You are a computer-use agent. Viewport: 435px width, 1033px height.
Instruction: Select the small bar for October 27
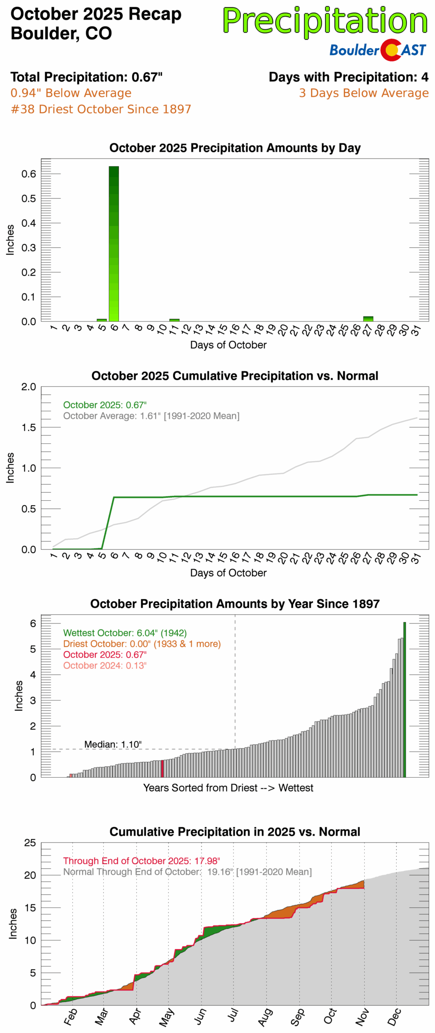point(368,318)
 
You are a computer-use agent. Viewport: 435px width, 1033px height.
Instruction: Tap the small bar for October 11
point(174,320)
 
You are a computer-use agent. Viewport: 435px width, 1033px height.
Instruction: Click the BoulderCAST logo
point(377,50)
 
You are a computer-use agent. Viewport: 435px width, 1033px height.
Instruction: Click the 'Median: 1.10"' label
point(113,744)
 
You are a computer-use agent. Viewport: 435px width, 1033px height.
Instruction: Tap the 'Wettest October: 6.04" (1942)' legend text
point(125,632)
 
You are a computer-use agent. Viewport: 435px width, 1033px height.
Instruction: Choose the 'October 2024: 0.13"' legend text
point(105,665)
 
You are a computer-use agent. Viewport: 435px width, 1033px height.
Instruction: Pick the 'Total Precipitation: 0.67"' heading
point(86,77)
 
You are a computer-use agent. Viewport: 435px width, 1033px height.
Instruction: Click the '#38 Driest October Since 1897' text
point(101,109)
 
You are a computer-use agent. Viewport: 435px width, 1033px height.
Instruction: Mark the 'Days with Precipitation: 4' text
point(348,77)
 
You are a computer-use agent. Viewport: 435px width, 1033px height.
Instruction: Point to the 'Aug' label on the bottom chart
point(265,1016)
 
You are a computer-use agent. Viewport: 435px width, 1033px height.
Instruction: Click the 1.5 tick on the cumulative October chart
point(29,427)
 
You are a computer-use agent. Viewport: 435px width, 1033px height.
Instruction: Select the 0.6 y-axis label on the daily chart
point(29,174)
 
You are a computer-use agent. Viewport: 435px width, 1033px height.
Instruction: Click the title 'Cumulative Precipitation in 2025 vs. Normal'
point(235,832)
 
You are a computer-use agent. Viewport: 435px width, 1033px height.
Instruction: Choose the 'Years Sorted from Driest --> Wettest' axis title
point(228,788)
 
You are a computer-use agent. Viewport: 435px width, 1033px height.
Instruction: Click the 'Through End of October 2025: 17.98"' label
point(141,861)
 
